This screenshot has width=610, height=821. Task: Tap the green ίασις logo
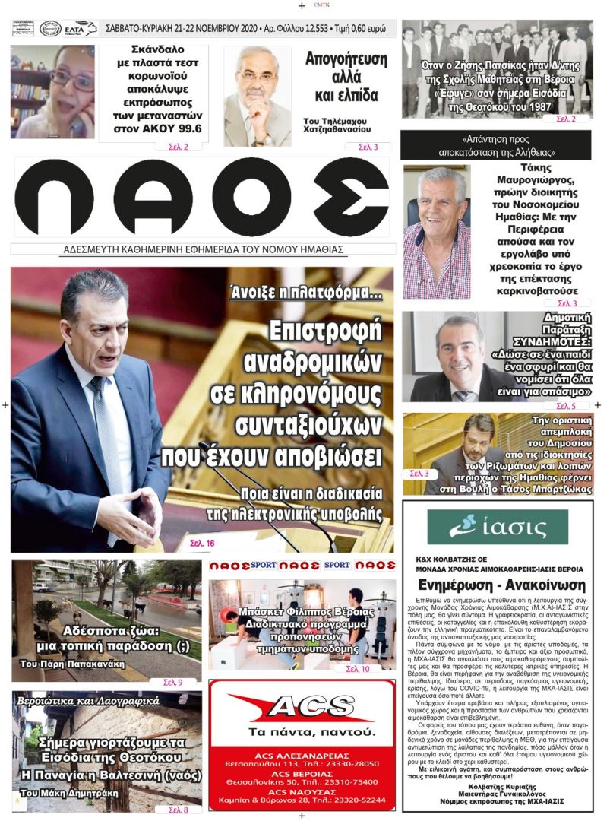point(498,528)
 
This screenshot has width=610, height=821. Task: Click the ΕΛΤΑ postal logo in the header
point(80,29)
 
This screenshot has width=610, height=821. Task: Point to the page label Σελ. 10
point(358,669)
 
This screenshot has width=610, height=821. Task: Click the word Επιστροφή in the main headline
point(327,331)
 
